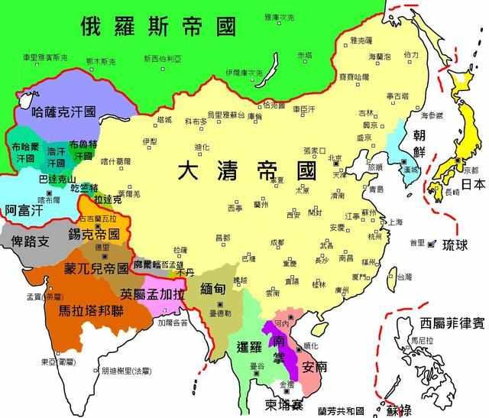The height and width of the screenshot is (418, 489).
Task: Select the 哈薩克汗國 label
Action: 63,112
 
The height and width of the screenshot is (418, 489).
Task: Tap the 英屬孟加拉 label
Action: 152,293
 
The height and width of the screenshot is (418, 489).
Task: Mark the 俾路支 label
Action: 28,241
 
